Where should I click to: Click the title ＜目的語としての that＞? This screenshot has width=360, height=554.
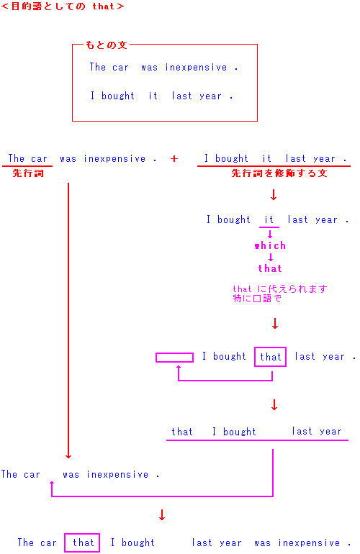coord(63,6)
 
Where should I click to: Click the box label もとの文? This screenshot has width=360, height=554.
coord(106,45)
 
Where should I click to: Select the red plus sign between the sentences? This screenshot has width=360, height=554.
coord(174,158)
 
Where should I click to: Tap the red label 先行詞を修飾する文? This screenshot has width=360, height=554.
coord(279,173)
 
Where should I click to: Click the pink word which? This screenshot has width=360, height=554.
coord(270,245)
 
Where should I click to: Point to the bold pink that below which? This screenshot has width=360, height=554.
coord(270,268)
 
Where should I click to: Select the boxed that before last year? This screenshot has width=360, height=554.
coord(270,357)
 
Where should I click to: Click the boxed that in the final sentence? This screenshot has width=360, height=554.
coord(82,542)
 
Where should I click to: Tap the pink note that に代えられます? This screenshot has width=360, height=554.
coord(280,289)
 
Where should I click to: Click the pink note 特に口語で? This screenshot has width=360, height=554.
coord(257,299)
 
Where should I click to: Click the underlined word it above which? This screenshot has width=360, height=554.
coord(269,219)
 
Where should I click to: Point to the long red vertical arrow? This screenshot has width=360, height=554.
coord(68,321)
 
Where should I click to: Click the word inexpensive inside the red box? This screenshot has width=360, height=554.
coord(196,68)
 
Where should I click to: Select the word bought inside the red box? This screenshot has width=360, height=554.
coord(118,96)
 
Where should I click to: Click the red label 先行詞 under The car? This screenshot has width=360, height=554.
coord(28,173)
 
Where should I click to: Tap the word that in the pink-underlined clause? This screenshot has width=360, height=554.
coord(182,432)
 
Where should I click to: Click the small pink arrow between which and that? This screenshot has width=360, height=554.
coord(271,258)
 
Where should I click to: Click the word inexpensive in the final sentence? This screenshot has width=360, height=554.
coord(309,542)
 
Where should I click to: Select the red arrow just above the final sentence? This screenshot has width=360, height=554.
coord(162,514)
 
